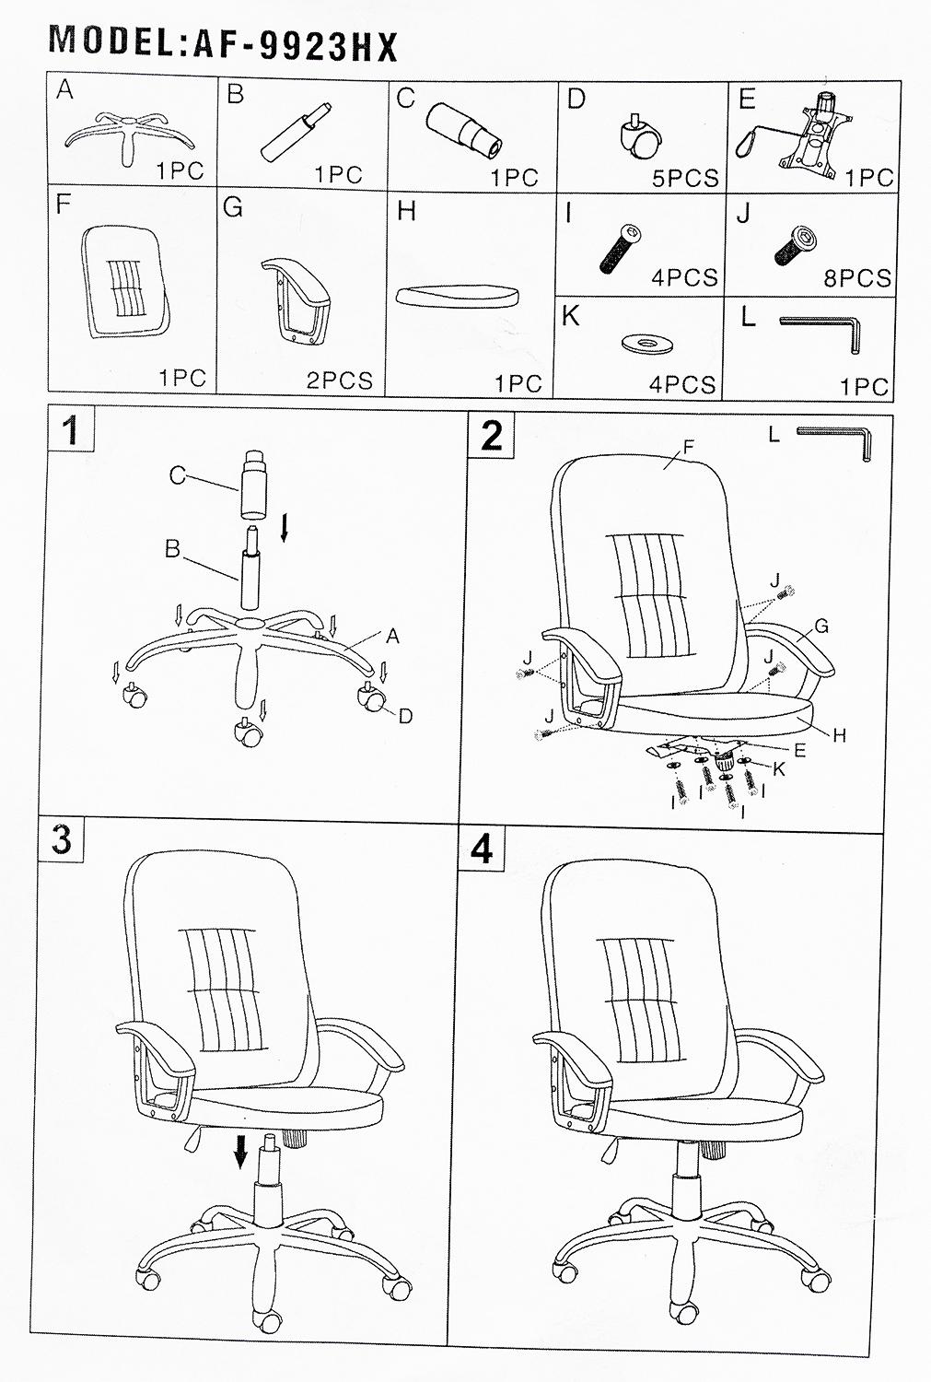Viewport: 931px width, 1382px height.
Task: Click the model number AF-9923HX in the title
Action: [296, 46]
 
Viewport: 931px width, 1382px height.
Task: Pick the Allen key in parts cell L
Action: [822, 331]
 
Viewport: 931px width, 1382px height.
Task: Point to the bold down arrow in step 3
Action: [241, 1150]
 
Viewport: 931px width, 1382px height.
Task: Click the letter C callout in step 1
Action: [178, 475]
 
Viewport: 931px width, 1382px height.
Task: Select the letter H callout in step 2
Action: [839, 735]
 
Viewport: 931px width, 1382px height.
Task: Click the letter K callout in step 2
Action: [778, 768]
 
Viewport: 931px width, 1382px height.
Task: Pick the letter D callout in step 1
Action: [405, 716]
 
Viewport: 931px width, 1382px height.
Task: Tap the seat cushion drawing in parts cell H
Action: [457, 296]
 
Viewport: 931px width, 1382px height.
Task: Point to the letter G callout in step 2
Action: [821, 627]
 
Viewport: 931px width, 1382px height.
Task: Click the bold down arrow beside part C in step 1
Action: [285, 530]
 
